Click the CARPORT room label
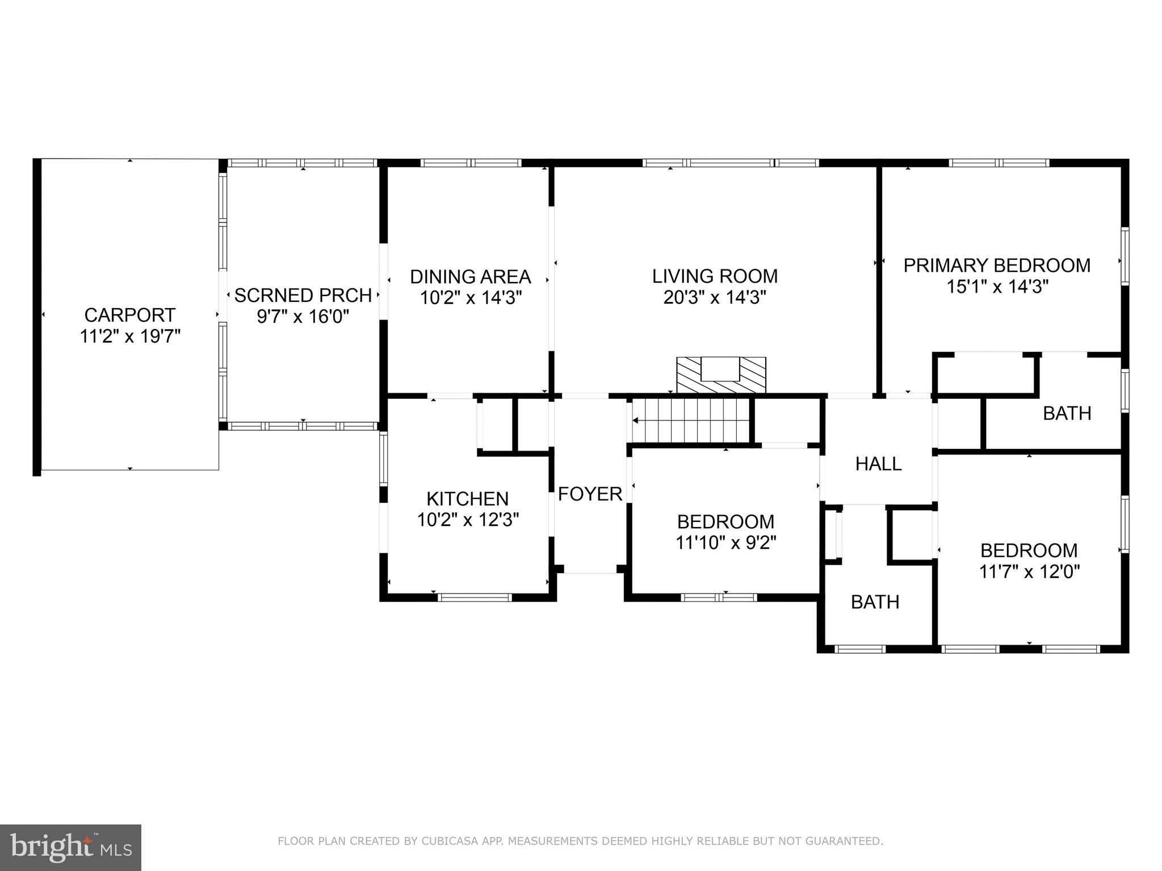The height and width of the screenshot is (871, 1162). (x=130, y=315)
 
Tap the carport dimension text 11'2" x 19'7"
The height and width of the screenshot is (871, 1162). (x=130, y=336)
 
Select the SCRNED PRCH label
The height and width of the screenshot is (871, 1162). (x=303, y=296)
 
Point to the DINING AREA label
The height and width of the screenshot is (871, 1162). (x=470, y=277)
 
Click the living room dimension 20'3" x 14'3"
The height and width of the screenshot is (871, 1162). (x=715, y=297)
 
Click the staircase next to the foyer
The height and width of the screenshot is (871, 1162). (x=691, y=420)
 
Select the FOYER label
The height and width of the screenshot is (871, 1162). (x=590, y=494)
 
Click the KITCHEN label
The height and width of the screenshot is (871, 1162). (x=467, y=499)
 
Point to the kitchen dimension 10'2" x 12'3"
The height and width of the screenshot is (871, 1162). (x=468, y=520)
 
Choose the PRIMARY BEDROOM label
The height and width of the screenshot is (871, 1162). (x=997, y=266)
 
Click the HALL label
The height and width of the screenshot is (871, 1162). (x=878, y=464)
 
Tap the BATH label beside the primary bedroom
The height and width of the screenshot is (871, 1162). (x=1067, y=414)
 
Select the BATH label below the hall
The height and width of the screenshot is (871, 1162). (x=875, y=602)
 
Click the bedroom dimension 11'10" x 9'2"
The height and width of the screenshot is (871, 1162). (x=725, y=543)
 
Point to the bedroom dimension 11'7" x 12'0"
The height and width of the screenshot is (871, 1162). (x=1029, y=571)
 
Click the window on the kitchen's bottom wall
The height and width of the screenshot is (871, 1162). (x=475, y=597)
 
